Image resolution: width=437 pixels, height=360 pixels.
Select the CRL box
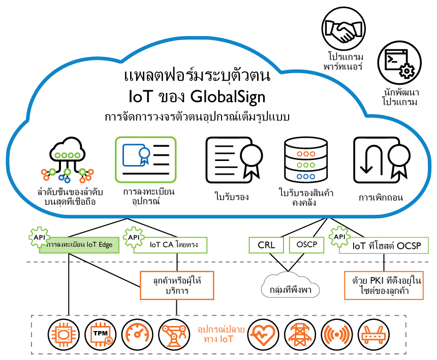267,245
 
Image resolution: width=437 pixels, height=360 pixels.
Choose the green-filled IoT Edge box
79,245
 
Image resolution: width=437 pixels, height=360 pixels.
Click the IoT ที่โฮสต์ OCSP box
384,246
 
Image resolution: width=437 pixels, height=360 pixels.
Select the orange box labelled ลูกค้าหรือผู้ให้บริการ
176,285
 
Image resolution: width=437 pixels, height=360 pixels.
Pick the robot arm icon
173,334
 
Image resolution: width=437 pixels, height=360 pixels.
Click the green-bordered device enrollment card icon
145,159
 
